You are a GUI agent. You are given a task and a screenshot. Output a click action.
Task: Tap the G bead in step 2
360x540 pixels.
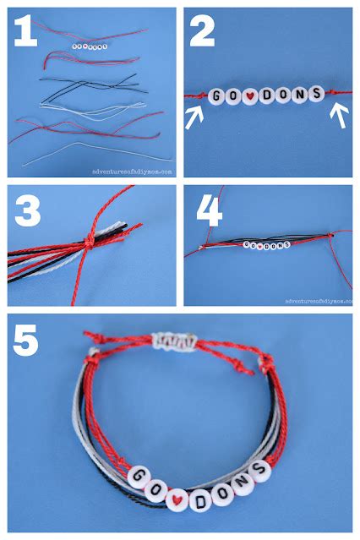216,95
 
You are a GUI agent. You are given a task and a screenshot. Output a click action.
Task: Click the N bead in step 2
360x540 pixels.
297,94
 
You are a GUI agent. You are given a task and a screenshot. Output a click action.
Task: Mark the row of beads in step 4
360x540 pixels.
265,246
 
